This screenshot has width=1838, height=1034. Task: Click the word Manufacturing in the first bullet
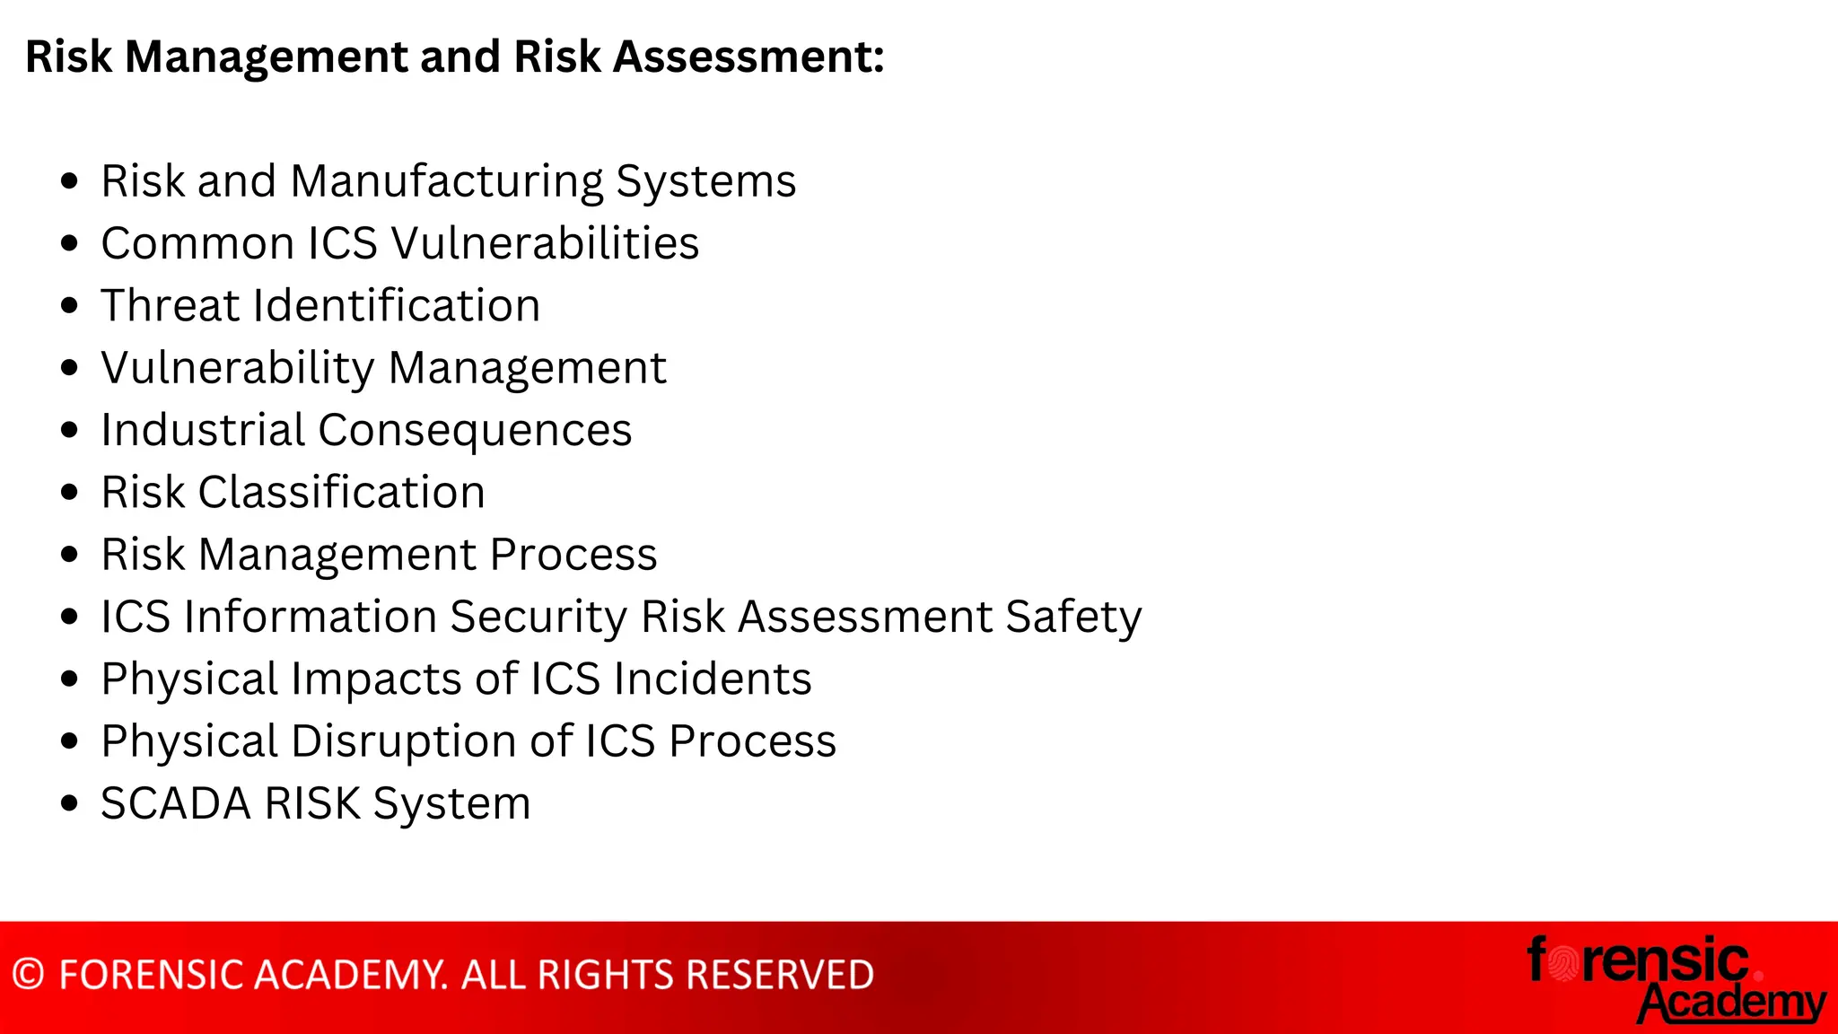coord(447,181)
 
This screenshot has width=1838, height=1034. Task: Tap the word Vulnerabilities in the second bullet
coord(545,243)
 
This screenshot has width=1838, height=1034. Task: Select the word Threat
coord(171,305)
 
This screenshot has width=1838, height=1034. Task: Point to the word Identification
coord(398,305)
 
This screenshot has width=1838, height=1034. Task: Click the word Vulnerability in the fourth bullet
coord(237,368)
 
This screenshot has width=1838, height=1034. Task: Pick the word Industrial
coord(203,430)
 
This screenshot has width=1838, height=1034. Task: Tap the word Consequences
coord(475,431)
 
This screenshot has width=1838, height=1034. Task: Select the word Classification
coord(341,492)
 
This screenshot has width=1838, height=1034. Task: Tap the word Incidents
coord(713,679)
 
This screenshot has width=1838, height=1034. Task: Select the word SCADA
coord(176,803)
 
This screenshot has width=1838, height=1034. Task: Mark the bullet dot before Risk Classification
coord(70,492)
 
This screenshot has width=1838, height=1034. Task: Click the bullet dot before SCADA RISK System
coord(70,803)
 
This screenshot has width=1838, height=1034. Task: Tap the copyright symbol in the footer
coord(29,975)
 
